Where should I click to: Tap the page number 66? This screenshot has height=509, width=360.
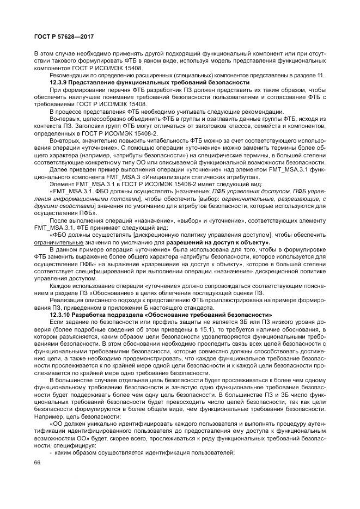(x=38, y=462)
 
